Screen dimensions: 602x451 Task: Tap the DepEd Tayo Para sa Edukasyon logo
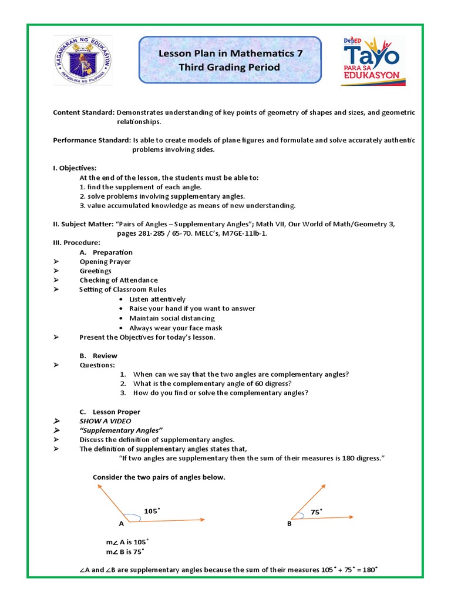click(371, 61)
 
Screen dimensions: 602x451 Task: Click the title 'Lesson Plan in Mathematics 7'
click(230, 54)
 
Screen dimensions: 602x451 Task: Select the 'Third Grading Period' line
click(230, 68)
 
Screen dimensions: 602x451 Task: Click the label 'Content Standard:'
click(84, 112)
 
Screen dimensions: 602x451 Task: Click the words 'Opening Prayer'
click(105, 262)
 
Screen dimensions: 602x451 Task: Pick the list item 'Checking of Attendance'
click(119, 280)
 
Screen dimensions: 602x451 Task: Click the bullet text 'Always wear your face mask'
click(176, 328)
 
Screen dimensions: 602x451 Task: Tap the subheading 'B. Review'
click(98, 356)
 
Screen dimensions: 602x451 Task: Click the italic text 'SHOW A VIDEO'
click(105, 422)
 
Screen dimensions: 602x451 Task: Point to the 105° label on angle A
click(152, 511)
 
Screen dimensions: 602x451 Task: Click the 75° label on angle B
click(317, 512)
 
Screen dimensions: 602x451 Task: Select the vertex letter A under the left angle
click(122, 523)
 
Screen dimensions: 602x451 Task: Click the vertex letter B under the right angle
click(290, 523)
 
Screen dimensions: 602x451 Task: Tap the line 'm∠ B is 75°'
click(124, 552)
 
